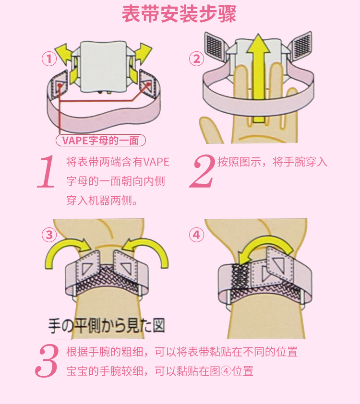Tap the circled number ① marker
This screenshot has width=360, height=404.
click(x=49, y=59)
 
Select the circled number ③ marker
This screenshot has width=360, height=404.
click(x=49, y=235)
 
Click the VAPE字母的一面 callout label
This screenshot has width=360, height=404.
click(x=100, y=141)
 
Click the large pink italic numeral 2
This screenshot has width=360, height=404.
click(x=202, y=171)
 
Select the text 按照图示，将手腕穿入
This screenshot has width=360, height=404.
click(x=272, y=162)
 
